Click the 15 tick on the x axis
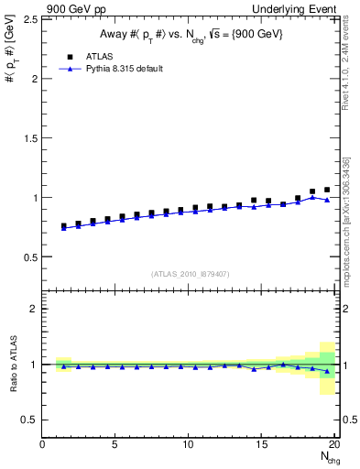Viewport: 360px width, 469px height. tap(262, 445)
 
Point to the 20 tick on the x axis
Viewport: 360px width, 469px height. tap(334, 445)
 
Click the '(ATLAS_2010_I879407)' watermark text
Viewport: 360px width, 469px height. tap(190, 273)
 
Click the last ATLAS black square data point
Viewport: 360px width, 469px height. tap(327, 190)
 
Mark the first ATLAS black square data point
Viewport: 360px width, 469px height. tap(64, 225)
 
